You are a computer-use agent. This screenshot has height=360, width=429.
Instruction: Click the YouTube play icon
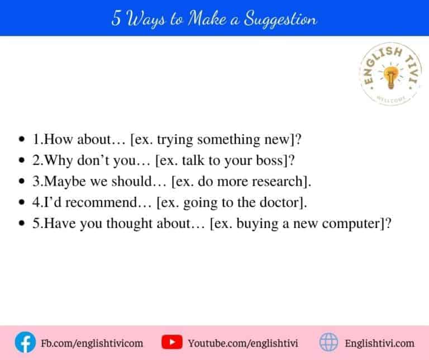(x=171, y=342)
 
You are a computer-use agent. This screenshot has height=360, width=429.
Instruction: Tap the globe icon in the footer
(x=328, y=342)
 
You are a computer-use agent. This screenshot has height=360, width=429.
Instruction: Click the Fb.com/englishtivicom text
(x=92, y=343)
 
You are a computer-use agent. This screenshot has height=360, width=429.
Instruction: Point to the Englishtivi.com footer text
(x=380, y=343)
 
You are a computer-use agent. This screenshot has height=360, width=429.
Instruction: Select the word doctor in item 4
(x=274, y=203)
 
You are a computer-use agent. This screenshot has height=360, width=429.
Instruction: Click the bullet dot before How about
(x=22, y=139)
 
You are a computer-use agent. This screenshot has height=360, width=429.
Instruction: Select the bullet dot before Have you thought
(x=22, y=225)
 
